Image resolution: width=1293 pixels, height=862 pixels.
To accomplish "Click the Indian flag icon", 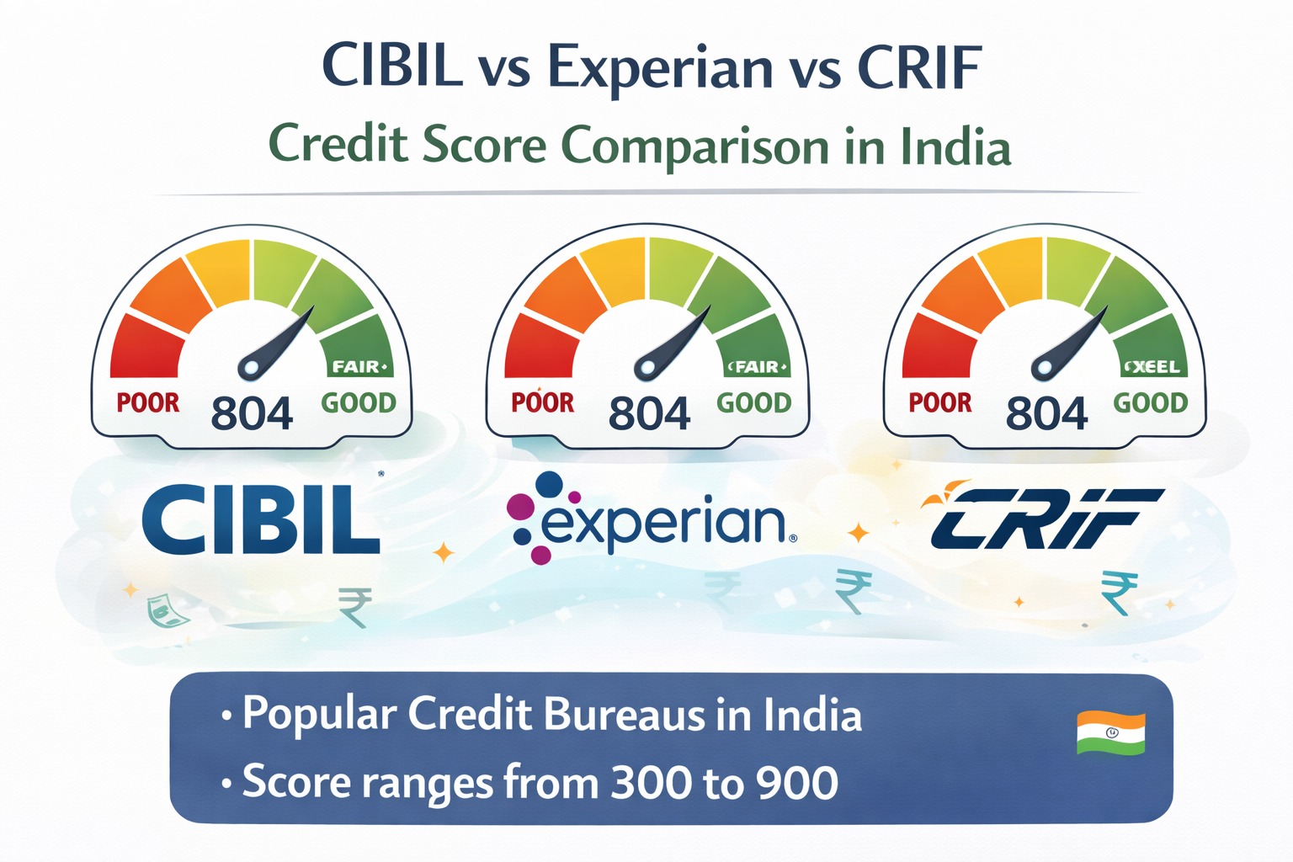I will click(x=1110, y=733).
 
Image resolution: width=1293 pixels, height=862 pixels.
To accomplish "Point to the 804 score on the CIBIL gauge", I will click(x=252, y=413).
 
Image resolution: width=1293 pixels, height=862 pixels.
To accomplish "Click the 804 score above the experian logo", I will click(x=649, y=413).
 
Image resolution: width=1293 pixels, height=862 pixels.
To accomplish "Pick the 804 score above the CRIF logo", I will click(x=1046, y=413).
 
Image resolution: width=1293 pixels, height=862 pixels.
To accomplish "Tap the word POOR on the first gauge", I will click(x=148, y=403).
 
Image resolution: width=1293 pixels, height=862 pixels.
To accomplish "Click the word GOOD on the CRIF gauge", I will click(x=1150, y=403).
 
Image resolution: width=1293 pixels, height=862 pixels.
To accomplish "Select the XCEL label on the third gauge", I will click(x=1154, y=368).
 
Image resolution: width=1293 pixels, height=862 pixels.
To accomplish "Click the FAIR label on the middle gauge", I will click(x=757, y=367).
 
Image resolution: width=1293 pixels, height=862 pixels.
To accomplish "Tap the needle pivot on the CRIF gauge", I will click(x=1042, y=367).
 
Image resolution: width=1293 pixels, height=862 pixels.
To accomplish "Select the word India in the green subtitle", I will click(x=955, y=147).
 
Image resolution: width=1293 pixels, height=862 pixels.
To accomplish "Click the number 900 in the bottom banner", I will click(x=796, y=783).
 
